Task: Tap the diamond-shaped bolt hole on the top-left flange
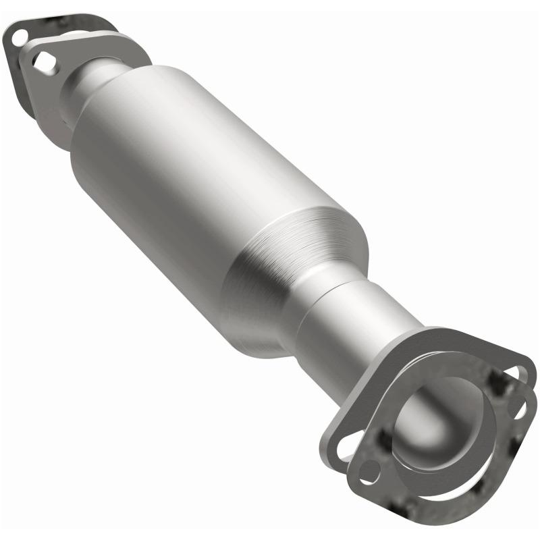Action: click(45, 61)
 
